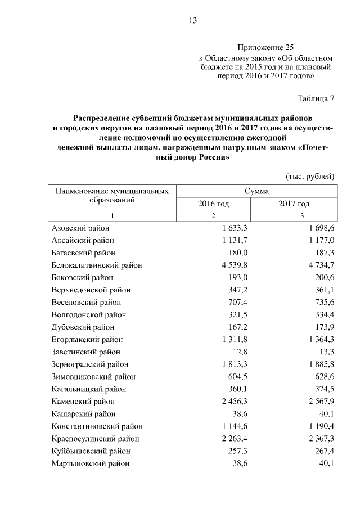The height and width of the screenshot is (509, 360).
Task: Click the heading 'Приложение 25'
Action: point(265,48)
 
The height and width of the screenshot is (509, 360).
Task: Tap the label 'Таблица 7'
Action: point(316,99)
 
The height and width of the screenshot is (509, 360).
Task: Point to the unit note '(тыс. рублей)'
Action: point(310,177)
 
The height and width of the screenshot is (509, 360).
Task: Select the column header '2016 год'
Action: point(213,204)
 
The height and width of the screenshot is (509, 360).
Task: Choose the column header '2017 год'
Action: point(294,204)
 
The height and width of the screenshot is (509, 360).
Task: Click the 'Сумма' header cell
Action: point(256,191)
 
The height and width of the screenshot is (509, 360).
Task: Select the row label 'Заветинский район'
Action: point(84,352)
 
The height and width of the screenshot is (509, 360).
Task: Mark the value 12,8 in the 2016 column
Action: point(241,352)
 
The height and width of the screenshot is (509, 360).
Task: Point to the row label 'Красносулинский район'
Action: point(95,438)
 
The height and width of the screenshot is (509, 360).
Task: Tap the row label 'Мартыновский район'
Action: point(90,463)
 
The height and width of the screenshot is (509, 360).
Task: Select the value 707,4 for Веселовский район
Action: point(238,302)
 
